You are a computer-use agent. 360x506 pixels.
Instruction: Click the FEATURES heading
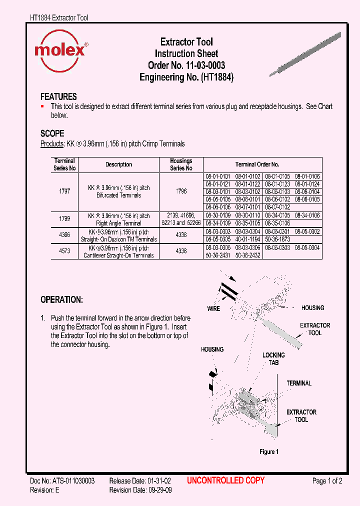(x=58, y=96)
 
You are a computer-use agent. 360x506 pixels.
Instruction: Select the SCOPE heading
(x=52, y=133)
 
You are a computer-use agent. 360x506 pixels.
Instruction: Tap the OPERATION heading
(x=61, y=300)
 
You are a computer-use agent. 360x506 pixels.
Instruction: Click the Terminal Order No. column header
(x=257, y=164)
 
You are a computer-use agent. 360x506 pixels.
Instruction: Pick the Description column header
(x=118, y=164)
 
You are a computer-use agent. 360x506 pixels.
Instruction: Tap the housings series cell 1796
(x=181, y=191)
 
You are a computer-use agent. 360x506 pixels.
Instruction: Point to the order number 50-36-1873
(x=277, y=239)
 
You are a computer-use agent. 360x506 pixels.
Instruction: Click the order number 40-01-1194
(x=248, y=239)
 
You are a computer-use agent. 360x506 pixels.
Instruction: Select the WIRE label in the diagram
(x=213, y=308)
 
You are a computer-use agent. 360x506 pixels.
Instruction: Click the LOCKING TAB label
(x=273, y=358)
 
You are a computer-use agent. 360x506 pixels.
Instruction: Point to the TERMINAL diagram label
(x=299, y=383)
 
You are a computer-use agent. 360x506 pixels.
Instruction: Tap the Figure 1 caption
(x=268, y=451)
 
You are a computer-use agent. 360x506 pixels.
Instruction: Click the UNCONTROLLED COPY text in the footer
(x=225, y=480)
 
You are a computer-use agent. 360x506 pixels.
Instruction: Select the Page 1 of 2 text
(x=327, y=481)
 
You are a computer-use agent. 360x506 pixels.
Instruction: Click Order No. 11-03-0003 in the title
(x=186, y=65)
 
